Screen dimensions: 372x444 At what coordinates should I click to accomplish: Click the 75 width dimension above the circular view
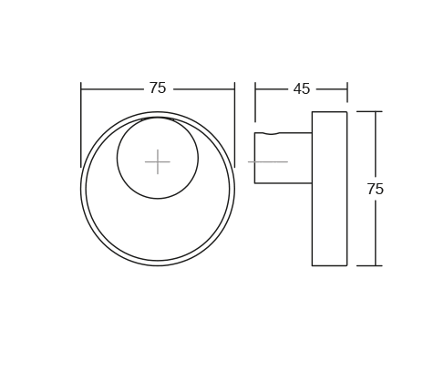tap(158, 88)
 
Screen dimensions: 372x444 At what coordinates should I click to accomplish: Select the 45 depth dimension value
tap(301, 89)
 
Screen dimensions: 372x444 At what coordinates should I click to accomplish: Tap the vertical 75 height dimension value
tap(375, 190)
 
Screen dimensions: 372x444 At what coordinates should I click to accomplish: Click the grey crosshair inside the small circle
tap(158, 161)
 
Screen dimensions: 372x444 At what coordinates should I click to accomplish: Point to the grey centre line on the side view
tap(268, 161)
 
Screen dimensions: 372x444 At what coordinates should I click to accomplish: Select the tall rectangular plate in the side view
tap(329, 189)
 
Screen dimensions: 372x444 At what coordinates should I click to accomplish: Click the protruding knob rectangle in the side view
tap(283, 158)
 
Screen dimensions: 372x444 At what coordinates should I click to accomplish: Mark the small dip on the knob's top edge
tap(271, 134)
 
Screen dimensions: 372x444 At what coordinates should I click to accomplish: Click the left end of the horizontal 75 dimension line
tap(81, 89)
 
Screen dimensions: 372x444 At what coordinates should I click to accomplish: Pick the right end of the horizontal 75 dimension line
tap(234, 89)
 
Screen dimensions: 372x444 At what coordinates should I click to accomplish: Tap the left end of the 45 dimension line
tap(255, 89)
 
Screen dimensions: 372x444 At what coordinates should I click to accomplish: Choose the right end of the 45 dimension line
tap(347, 89)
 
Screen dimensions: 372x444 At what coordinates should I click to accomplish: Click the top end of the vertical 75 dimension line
tap(375, 112)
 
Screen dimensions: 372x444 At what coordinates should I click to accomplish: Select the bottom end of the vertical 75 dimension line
tap(375, 265)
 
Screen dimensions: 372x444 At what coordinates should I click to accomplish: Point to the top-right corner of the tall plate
tap(346, 112)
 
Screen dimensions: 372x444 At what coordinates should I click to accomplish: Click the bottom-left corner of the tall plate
tap(312, 265)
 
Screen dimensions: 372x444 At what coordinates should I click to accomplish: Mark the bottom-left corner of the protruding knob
tap(255, 183)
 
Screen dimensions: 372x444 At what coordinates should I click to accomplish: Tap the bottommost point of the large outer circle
tap(158, 265)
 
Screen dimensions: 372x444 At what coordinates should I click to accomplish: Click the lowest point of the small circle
tap(158, 198)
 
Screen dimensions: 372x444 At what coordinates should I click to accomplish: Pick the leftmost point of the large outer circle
tap(81, 189)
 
